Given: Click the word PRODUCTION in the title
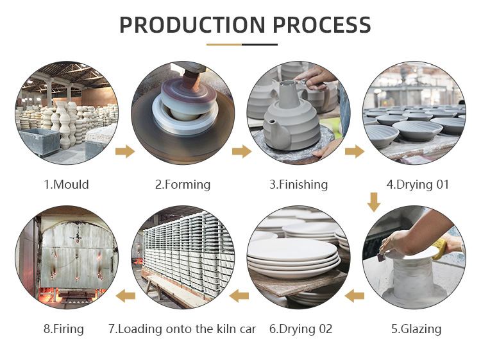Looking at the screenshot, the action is coord(192,25).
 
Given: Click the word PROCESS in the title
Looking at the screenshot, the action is coord(322,25).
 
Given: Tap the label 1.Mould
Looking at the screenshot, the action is coord(66,184).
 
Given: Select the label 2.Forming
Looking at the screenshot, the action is coord(183,185).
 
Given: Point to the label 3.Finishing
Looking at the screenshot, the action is coord(298,185).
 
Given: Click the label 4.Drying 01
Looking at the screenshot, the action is coord(418,185).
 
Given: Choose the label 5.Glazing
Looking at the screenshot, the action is coord(416,329).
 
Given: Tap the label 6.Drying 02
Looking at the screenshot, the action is coord(301,329).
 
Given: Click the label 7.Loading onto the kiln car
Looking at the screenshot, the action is coord(182,329).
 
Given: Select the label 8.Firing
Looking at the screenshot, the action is coord(63,329).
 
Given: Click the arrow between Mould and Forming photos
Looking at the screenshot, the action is coord(125,151).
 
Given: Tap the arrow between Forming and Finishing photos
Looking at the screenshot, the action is coord(242,151).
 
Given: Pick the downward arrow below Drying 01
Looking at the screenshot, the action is coord(374,202).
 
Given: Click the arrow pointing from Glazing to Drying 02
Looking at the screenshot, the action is coord(355,296).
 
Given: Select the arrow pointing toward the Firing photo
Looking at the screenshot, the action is coord(126,296).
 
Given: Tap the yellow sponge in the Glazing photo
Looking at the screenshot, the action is coord(439,248).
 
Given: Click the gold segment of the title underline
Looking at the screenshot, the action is coord(224,44).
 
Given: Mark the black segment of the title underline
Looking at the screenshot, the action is coord(260,44).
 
